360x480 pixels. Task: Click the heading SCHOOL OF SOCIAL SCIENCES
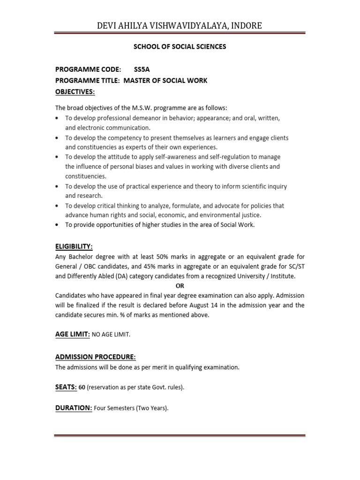point(180,46)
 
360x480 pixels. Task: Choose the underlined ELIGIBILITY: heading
point(74,247)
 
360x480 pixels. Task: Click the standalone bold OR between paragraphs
point(180,285)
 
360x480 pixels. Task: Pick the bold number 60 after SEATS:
point(82,387)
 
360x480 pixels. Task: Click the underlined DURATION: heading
point(74,408)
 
